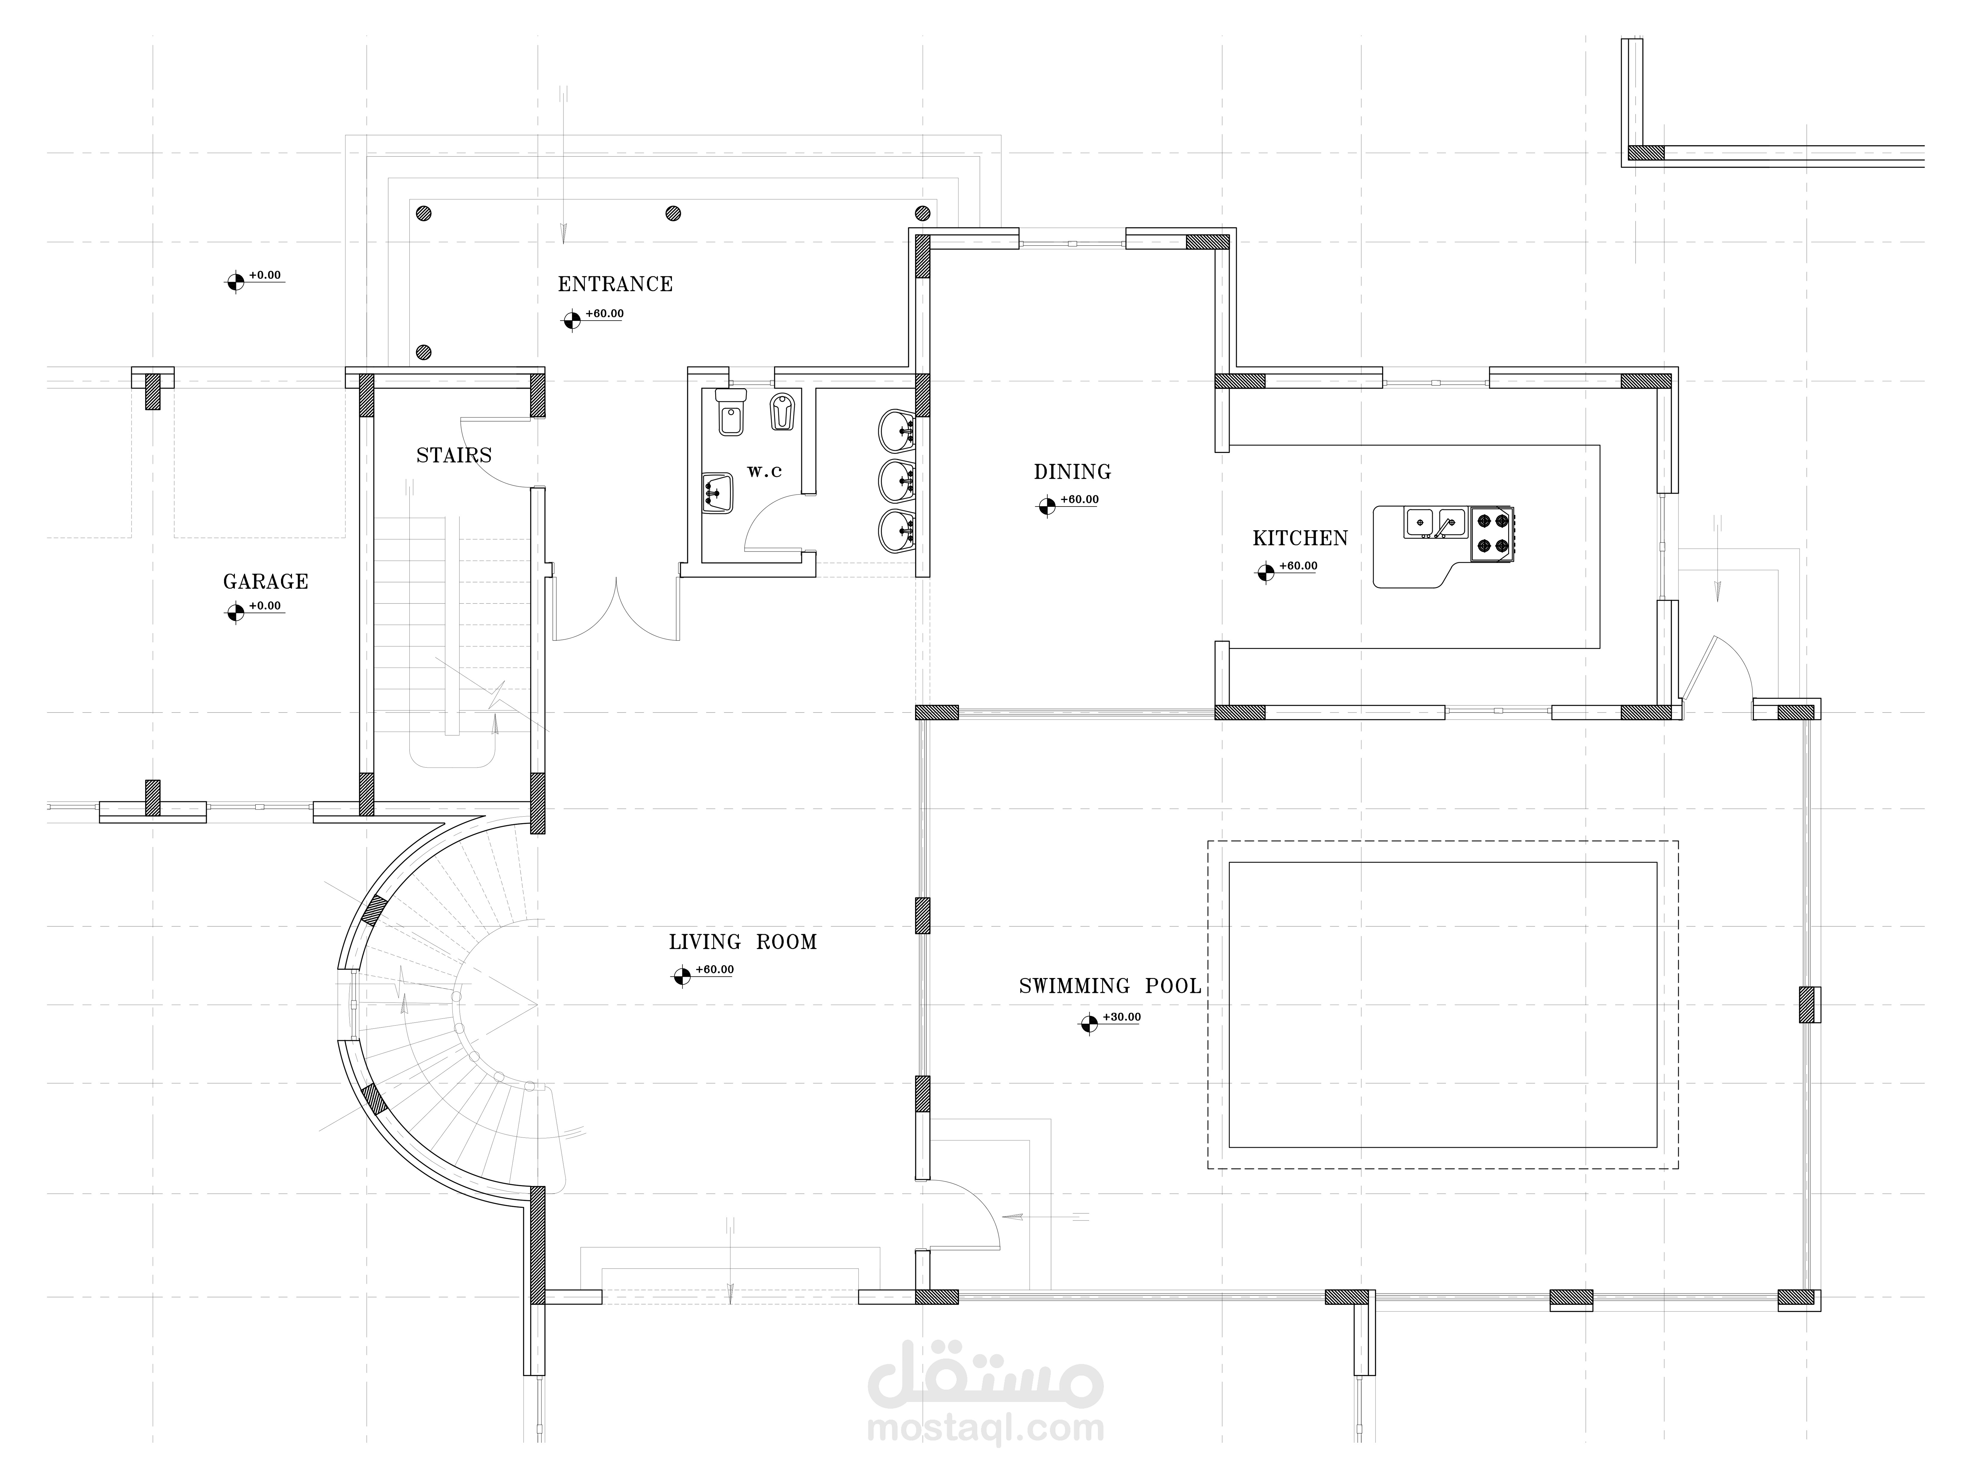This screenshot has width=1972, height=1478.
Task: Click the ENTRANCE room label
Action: (x=615, y=284)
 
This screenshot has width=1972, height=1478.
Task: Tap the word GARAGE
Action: (x=266, y=582)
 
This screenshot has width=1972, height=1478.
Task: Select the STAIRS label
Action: (x=454, y=455)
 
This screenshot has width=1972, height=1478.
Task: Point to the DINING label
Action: (x=1073, y=472)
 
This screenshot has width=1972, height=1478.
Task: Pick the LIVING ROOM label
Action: (x=743, y=942)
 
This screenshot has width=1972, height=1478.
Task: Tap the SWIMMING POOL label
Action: (x=1110, y=986)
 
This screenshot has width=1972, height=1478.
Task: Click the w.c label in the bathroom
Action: (x=764, y=472)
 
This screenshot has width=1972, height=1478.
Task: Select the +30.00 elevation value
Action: (x=1122, y=1017)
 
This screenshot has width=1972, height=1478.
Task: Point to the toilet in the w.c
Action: (x=730, y=413)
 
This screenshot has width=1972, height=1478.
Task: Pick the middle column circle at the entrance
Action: (x=673, y=213)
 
